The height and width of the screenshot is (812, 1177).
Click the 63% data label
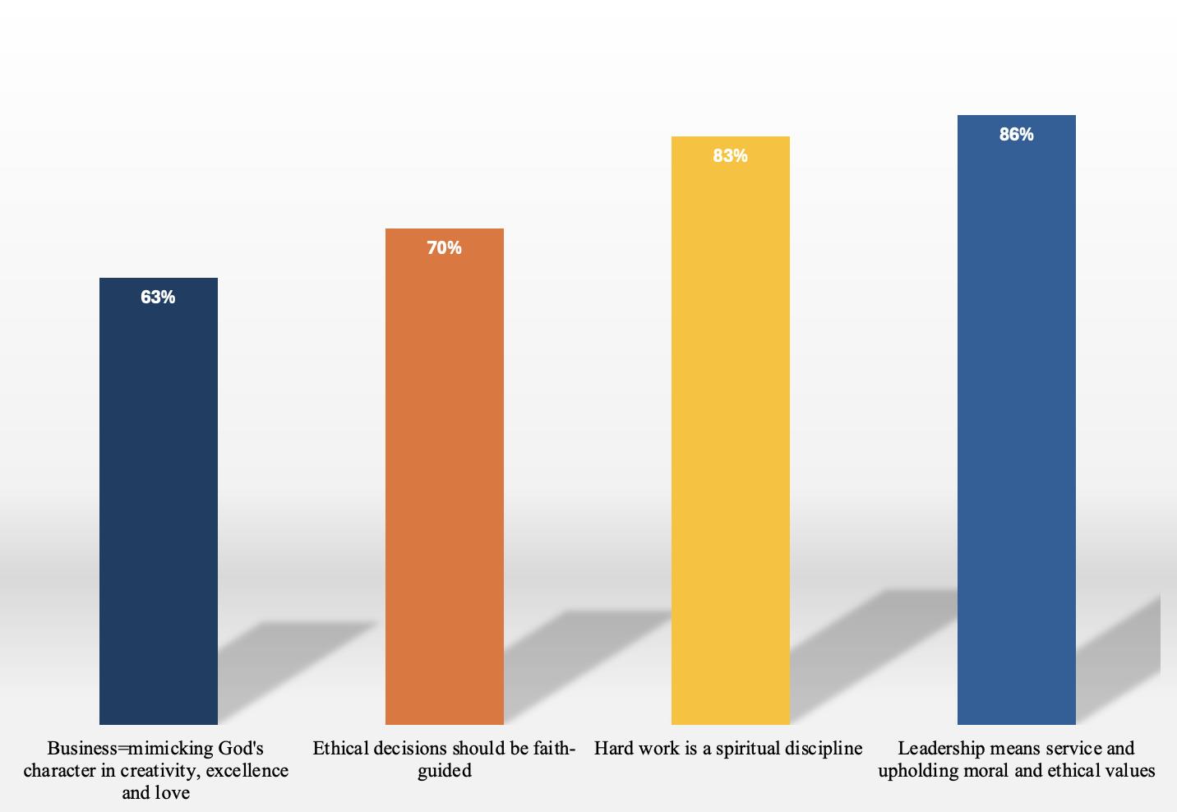point(158,298)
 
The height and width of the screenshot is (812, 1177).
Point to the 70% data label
point(444,248)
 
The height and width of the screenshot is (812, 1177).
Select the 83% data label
point(730,156)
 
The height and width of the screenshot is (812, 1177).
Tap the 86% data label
point(1016,135)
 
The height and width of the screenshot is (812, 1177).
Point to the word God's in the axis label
point(241,749)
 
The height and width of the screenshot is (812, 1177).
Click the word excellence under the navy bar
point(247,771)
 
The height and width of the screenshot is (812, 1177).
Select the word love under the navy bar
point(173,793)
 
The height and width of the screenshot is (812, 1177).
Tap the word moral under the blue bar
point(986,771)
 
